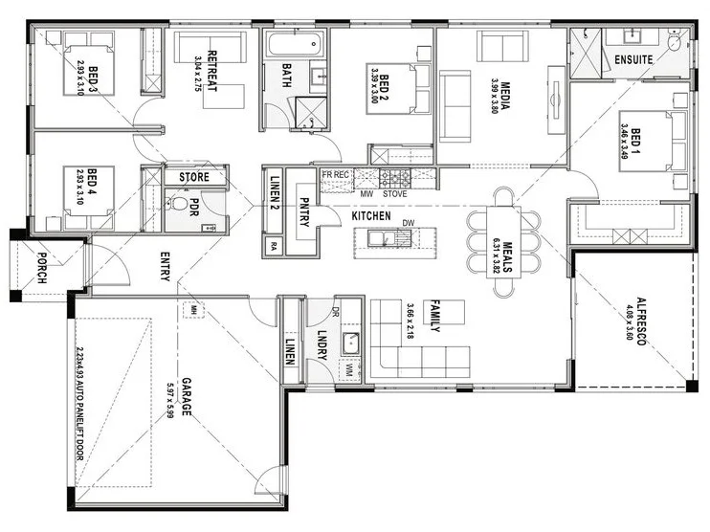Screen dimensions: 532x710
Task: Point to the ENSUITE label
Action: click(x=633, y=59)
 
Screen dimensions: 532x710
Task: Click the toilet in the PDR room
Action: click(x=179, y=204)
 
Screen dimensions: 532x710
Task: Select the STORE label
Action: click(x=197, y=177)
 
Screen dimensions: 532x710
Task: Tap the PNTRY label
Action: click(x=304, y=209)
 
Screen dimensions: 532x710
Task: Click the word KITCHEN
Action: click(x=370, y=217)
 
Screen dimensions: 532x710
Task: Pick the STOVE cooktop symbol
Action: click(x=395, y=177)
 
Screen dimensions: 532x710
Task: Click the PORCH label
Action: click(x=42, y=268)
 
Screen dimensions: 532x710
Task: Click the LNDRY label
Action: click(x=322, y=344)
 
